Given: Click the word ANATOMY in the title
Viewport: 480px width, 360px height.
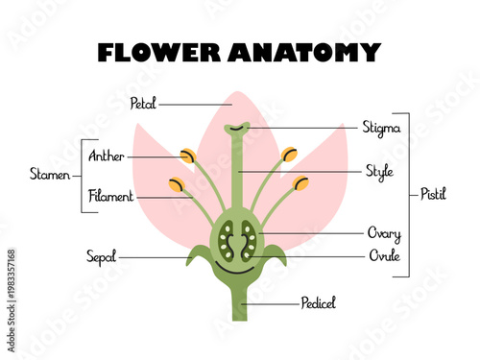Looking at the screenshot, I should tap(304, 52).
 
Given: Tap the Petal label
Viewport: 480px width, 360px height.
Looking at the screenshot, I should tap(143, 103).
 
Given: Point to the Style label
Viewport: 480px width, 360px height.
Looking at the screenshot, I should tap(378, 171).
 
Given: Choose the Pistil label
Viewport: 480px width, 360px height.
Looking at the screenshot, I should tap(433, 193).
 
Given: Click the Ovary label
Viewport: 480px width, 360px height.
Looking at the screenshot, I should tap(383, 233).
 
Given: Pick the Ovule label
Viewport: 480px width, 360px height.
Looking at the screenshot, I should tap(383, 255).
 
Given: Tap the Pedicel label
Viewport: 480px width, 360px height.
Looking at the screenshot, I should tap(318, 302).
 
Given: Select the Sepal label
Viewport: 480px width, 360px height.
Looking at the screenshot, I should tap(101, 256).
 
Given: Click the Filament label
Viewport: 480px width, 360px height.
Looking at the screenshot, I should tap(110, 196).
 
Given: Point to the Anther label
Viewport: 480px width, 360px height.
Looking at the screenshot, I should tap(106, 156).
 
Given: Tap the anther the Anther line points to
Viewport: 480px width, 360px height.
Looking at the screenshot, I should tap(188, 156).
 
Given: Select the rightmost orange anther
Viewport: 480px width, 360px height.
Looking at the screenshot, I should tap(300, 183).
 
